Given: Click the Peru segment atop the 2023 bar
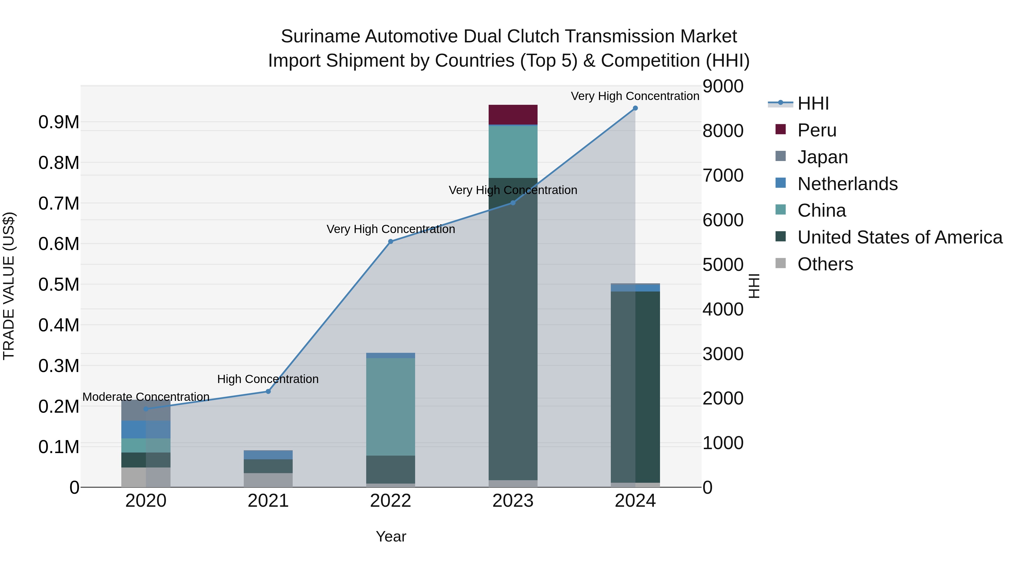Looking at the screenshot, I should pos(513,114).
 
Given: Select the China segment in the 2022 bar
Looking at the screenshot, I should pos(391,406).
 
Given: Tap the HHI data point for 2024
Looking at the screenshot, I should pos(635,108).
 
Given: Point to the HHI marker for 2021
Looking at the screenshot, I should pos(268,392).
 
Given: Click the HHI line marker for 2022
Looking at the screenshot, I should pos(391,242).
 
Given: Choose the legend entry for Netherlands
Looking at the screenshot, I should pos(847,184).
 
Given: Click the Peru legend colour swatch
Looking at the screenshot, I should pos(780,129).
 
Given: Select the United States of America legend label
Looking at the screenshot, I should pos(900,238).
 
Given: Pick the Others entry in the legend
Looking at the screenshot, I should pos(825,264).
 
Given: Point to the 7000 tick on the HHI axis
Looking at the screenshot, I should pos(723,176).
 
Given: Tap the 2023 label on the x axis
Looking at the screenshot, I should pos(513,501).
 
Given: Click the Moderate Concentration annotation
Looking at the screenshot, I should pos(146,397).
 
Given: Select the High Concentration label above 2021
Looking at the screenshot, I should pos(268,379).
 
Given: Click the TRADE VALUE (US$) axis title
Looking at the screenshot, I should pos(9,286).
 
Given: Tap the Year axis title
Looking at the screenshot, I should pos(391,536).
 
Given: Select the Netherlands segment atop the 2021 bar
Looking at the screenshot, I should pos(268,455).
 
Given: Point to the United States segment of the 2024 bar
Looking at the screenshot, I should pos(635,387).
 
